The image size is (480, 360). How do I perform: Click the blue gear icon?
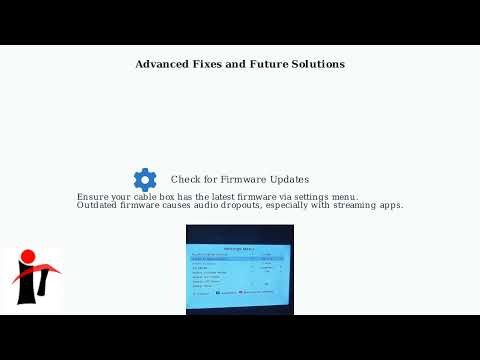click(x=145, y=180)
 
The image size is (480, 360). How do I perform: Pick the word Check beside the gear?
click(x=187, y=180)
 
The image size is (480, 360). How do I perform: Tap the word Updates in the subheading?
click(x=287, y=180)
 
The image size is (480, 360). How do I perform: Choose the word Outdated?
click(x=98, y=206)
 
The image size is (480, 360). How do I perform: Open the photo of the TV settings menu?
click(x=240, y=269)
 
